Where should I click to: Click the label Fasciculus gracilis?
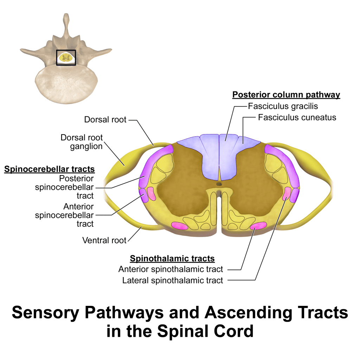(x=283, y=106)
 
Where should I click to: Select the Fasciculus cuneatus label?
(x=297, y=117)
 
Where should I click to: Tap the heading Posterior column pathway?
(x=286, y=95)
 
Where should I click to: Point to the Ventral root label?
(x=104, y=240)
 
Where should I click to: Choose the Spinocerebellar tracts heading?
(x=49, y=169)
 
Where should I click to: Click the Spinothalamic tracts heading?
(x=172, y=259)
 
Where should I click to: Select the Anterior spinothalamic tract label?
(x=171, y=269)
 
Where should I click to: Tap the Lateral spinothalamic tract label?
(x=172, y=281)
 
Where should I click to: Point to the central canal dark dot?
(x=219, y=184)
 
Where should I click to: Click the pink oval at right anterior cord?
(x=258, y=226)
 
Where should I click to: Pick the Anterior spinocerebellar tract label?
(x=64, y=215)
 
